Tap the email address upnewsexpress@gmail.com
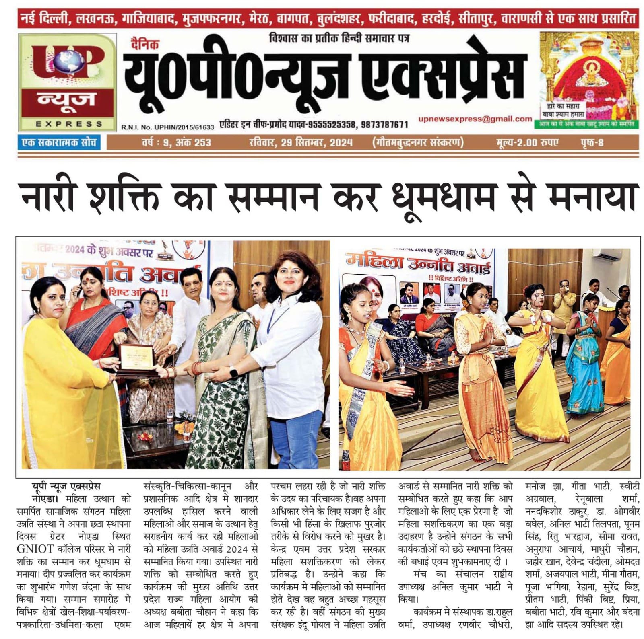[x=475, y=119]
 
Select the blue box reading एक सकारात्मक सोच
[x=59, y=142]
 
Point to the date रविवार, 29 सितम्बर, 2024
[x=301, y=142]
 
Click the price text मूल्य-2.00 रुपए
[x=527, y=142]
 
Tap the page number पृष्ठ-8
[x=592, y=142]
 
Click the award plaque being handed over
[x=137, y=359]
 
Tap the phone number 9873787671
[x=384, y=125]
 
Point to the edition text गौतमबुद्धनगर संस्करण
[x=418, y=142]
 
